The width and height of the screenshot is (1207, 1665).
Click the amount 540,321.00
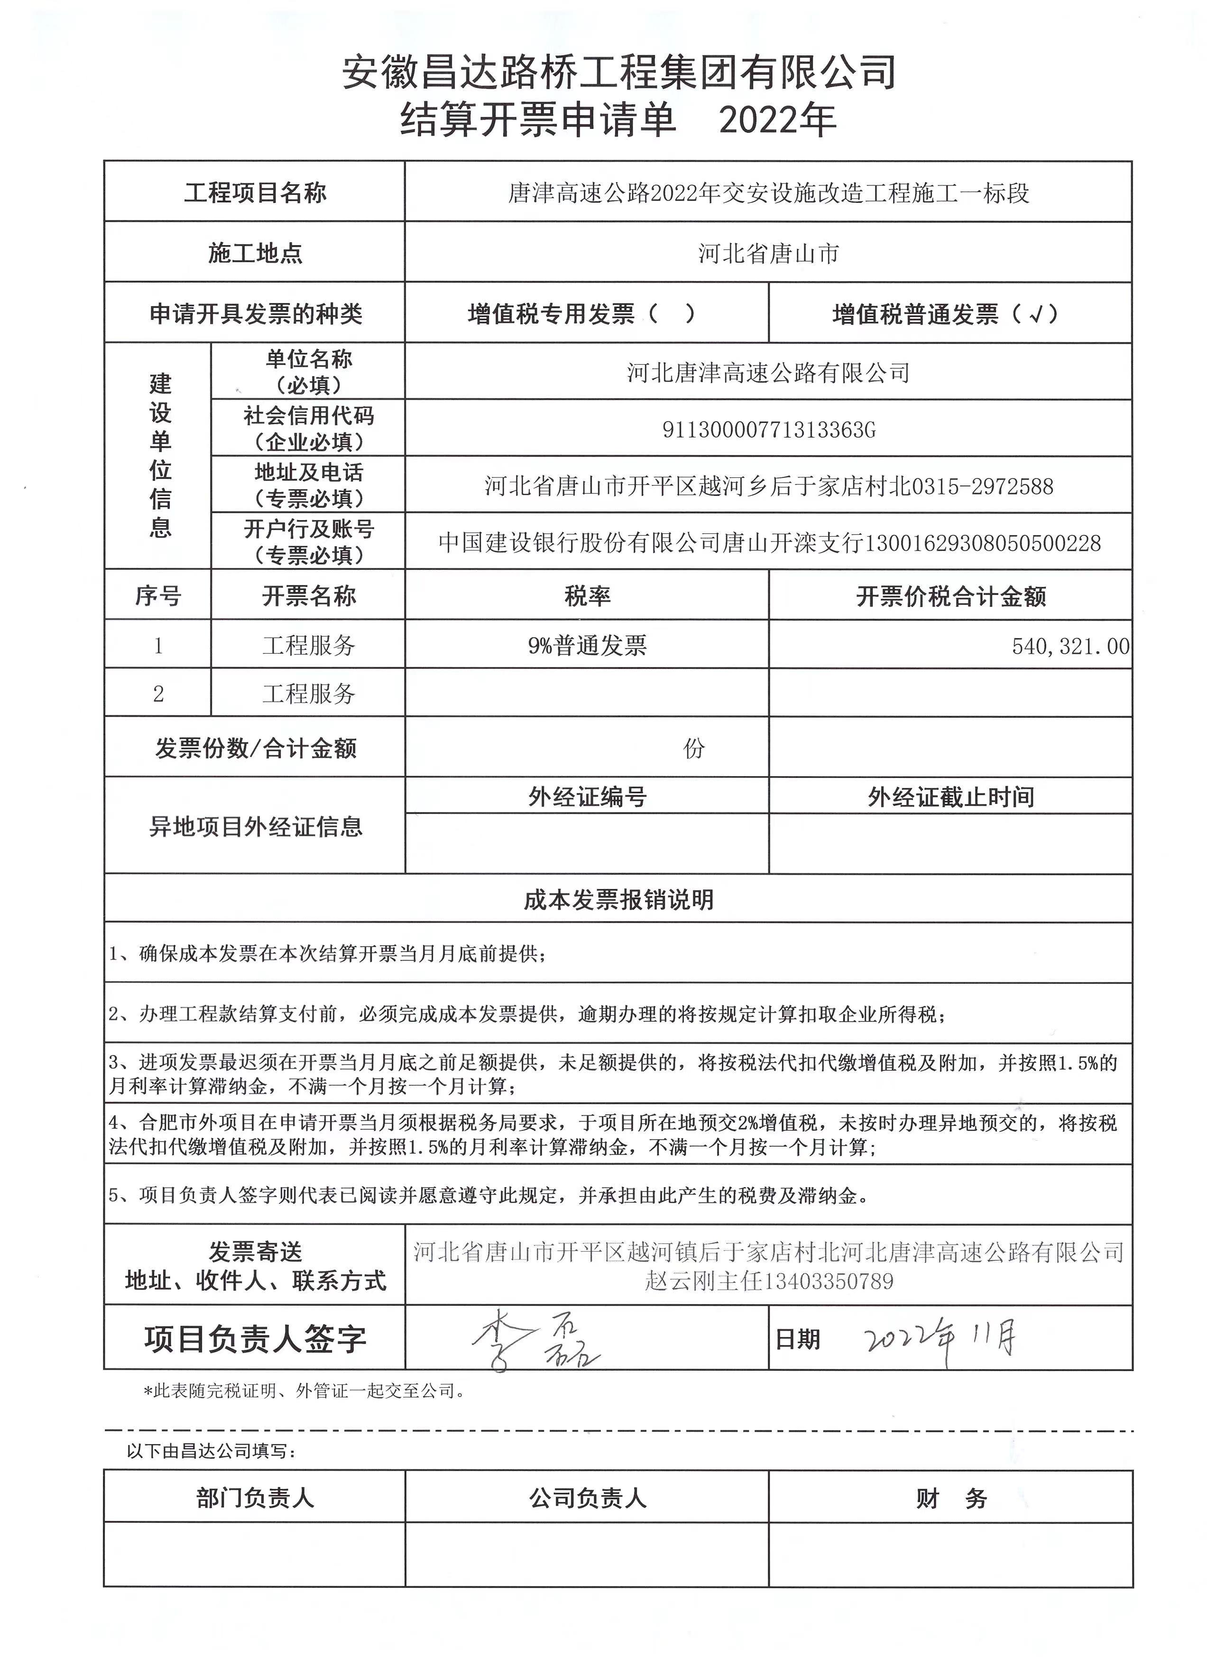1070,646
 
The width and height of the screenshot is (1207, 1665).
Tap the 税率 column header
587,596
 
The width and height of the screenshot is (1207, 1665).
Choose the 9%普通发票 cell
587,646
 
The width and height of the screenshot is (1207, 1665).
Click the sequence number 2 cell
158,694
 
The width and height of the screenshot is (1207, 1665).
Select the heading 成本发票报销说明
618,900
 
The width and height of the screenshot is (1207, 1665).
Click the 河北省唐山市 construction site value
768,254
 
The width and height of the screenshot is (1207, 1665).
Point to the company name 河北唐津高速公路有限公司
768,373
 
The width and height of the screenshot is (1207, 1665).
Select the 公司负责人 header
587,1498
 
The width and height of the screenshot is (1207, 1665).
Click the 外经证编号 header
587,796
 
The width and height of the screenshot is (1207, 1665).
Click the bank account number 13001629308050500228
983,543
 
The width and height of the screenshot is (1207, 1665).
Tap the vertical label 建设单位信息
159,455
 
